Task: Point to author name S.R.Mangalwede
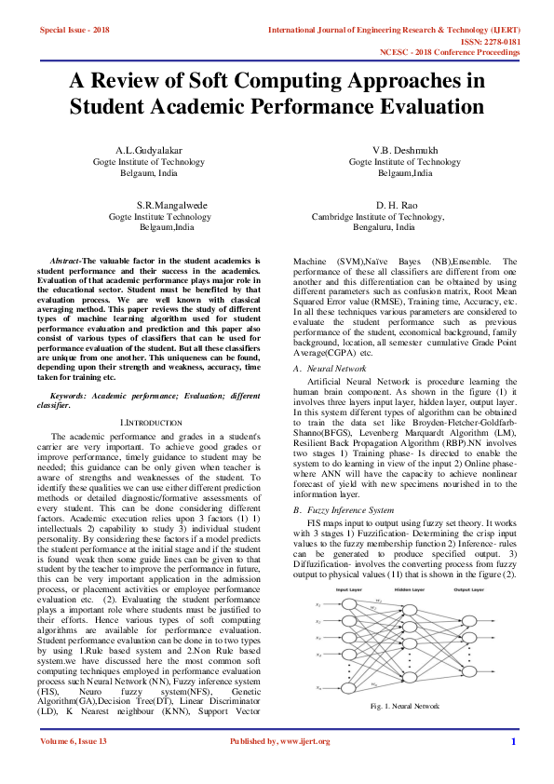[172, 204]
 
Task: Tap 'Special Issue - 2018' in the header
[74, 31]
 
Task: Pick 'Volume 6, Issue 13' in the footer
[74, 740]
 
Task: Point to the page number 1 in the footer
[513, 741]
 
